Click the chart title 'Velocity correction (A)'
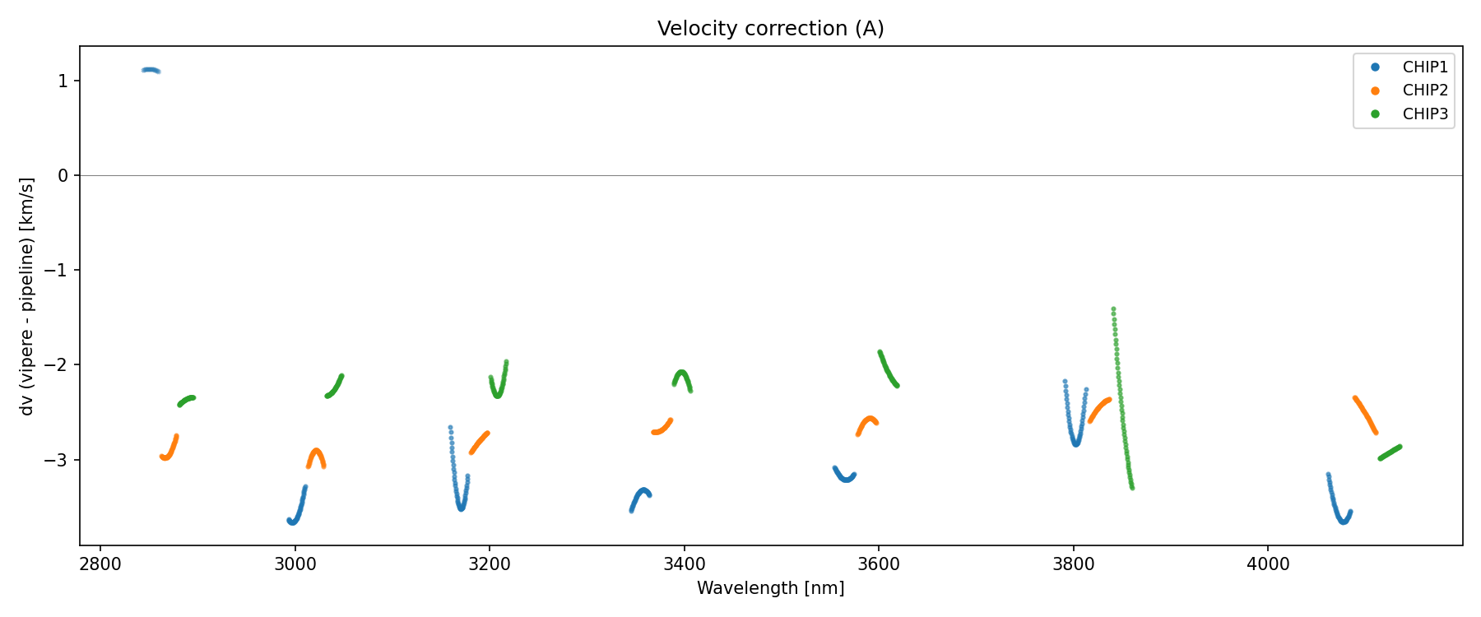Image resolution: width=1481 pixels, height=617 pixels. [x=770, y=29]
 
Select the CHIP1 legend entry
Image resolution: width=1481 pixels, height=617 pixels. [x=1424, y=67]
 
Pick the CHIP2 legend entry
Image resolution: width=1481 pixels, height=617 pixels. [x=1424, y=90]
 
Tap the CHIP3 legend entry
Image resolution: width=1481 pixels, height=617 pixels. [x=1424, y=114]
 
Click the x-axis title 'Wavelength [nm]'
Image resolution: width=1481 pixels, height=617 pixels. [x=770, y=588]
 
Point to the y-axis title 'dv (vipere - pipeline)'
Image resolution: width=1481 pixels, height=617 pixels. [x=27, y=296]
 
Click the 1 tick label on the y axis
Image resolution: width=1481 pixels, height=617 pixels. [x=63, y=81]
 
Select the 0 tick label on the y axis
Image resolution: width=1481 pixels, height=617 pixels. [x=63, y=175]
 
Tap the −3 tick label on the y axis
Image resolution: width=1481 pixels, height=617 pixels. [x=58, y=460]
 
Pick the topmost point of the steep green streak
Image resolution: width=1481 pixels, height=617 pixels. [x=1113, y=309]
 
